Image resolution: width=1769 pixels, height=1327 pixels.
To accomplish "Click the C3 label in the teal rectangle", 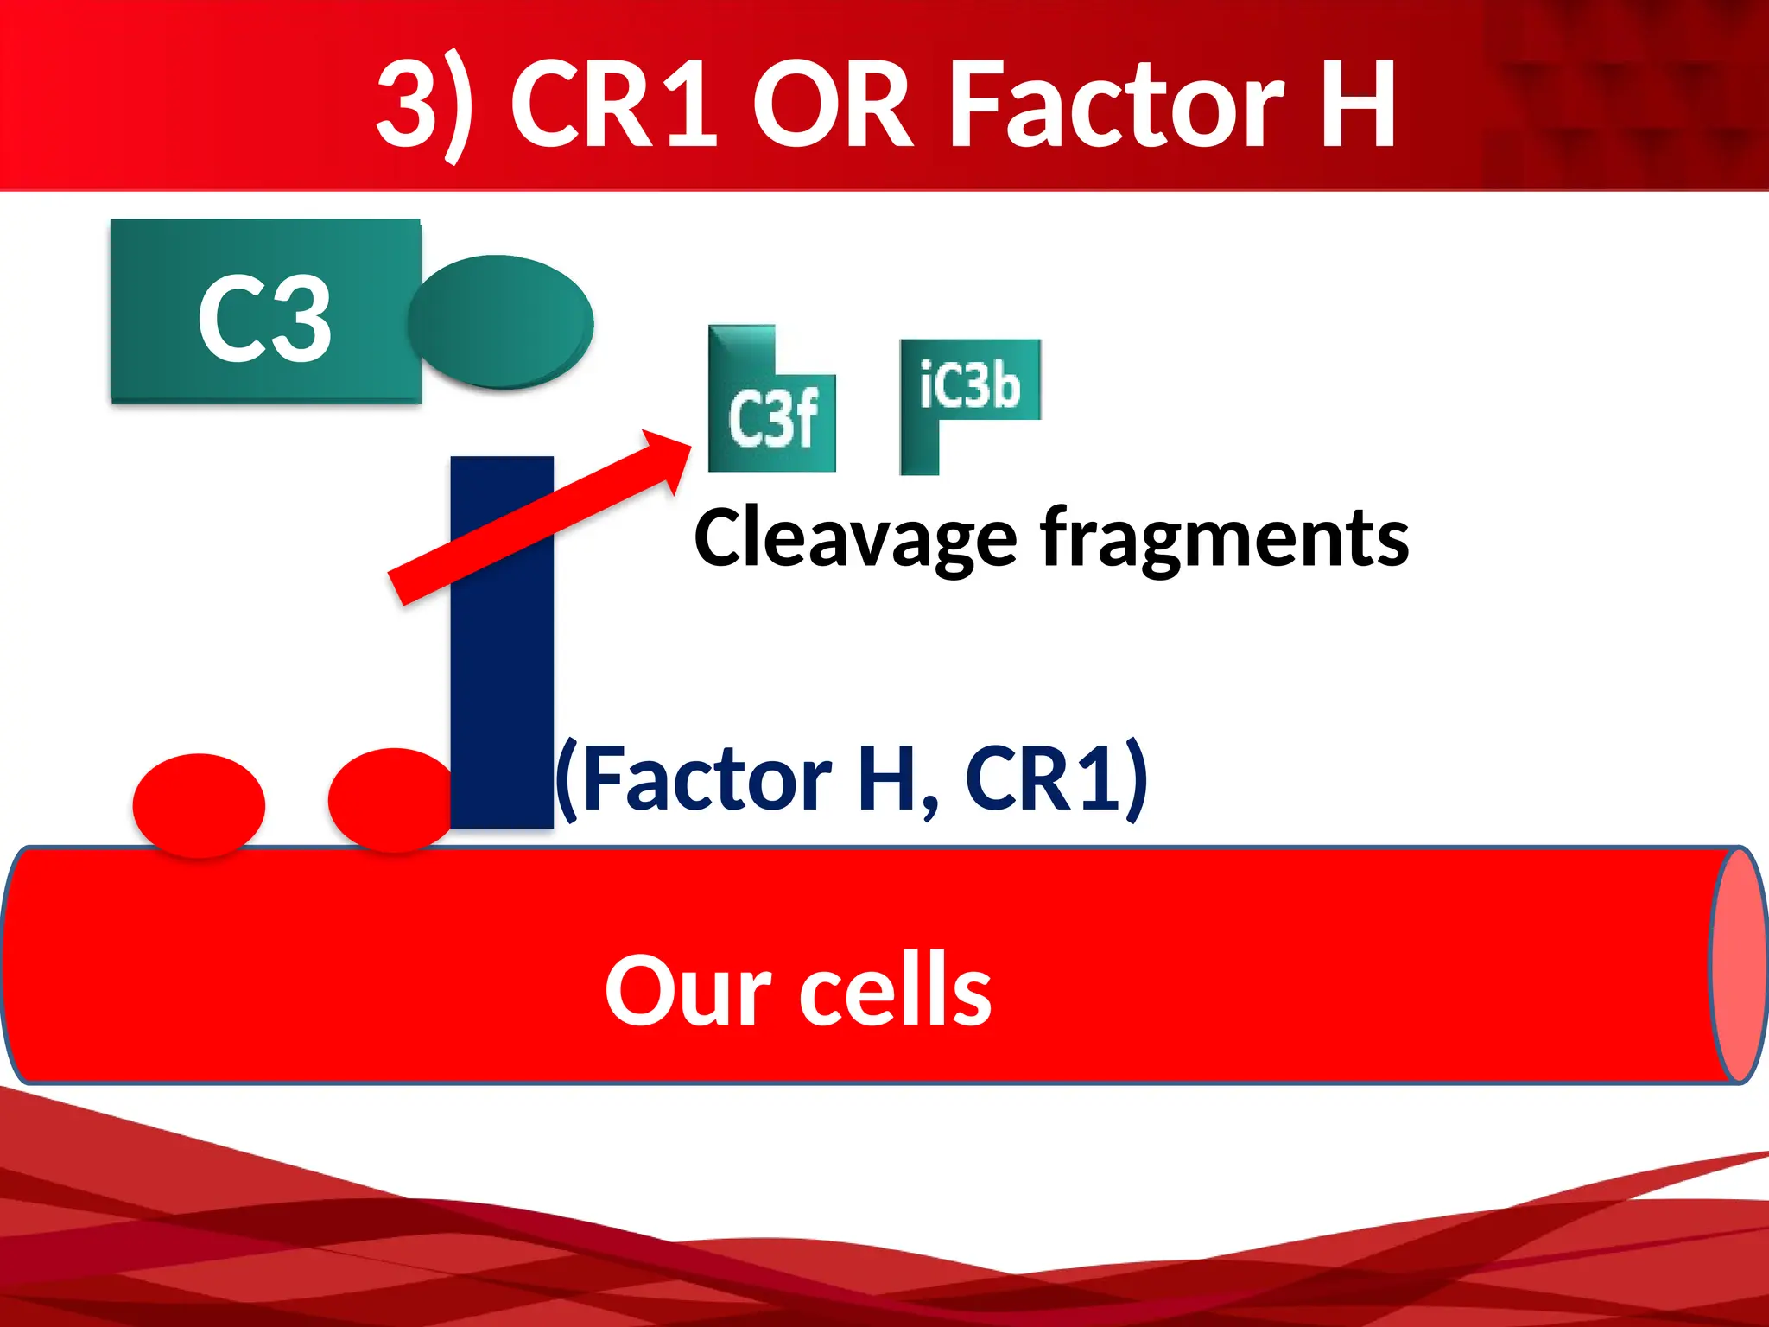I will (x=264, y=318).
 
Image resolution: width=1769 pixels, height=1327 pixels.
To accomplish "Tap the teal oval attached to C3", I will (x=501, y=321).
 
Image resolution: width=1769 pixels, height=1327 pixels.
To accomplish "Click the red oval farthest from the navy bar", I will (x=199, y=805).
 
